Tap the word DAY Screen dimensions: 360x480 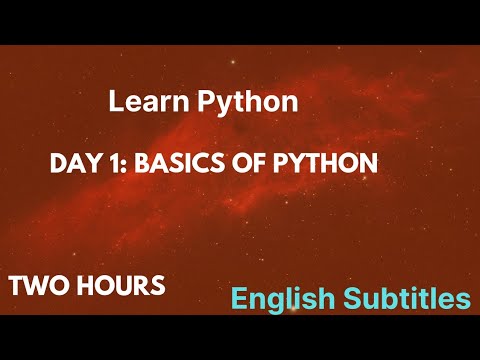coord(71,162)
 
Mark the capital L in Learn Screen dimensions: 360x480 coord(113,101)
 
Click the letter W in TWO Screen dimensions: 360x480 coord(38,285)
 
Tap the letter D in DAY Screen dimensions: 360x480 coord(57,162)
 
